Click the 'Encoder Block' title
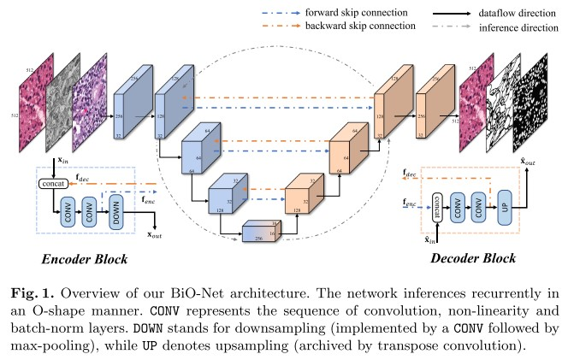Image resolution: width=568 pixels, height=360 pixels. point(74,258)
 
